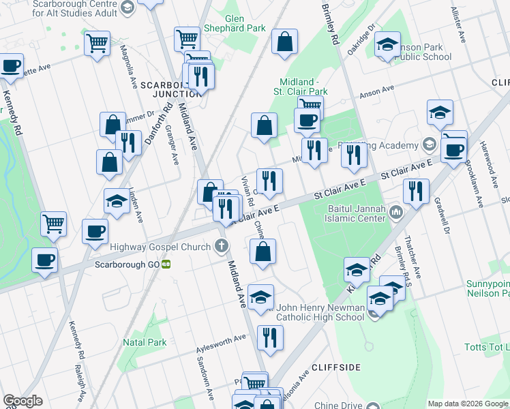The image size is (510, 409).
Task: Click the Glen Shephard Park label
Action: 245,23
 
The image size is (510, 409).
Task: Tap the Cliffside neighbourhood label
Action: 335,367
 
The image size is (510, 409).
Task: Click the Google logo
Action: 22,401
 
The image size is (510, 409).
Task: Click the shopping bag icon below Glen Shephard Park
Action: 284,42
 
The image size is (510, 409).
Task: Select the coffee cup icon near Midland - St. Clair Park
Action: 307,120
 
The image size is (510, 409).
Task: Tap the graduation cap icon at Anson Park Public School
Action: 388,46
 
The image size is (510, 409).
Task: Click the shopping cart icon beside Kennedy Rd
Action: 53,222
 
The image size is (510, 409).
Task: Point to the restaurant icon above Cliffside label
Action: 270,337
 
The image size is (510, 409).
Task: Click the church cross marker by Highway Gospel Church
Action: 222,246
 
